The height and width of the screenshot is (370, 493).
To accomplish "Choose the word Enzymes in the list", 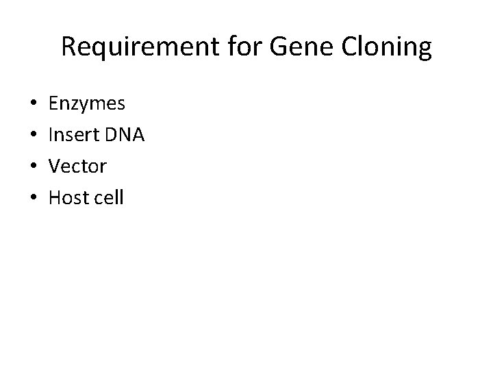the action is [87, 104].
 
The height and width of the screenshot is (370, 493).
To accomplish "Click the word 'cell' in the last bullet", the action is [110, 199].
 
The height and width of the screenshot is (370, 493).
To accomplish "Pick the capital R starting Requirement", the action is [68, 47].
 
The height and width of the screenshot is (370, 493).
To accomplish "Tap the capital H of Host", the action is [55, 199].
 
